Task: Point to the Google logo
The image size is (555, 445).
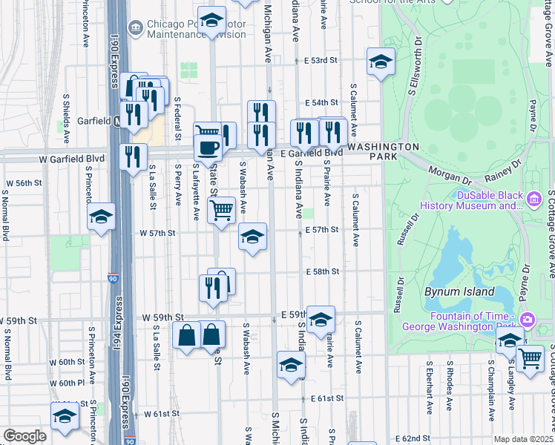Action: (24, 436)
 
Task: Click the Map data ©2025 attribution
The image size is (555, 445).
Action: (523, 439)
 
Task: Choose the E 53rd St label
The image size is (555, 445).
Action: (321, 59)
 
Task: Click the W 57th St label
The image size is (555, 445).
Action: (157, 233)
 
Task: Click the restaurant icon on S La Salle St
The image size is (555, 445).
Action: (133, 156)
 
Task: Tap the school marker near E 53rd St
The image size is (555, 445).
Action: (381, 62)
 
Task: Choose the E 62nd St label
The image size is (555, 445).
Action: (413, 438)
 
